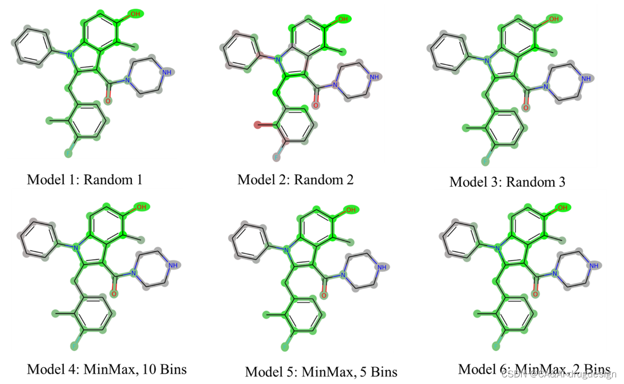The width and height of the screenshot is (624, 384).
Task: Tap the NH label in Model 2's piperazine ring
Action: coord(374,77)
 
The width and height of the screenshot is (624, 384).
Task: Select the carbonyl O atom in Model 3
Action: coord(526,108)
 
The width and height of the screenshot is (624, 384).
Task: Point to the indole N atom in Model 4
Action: coord(75,248)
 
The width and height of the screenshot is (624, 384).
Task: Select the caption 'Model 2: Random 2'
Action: coord(295,179)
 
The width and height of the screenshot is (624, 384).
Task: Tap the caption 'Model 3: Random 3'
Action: coord(507,182)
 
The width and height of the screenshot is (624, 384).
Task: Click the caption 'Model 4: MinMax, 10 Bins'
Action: coord(107,369)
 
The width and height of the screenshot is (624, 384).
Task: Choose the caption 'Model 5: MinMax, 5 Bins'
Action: coord(321,371)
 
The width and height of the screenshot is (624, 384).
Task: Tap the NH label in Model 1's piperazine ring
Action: coord(166,73)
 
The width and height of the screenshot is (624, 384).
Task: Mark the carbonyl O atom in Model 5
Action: coord(324,296)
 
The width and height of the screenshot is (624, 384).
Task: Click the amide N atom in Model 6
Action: coord(555,275)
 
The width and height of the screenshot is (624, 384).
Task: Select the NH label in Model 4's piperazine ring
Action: coord(174,265)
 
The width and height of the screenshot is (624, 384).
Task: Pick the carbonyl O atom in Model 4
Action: coord(114,294)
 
